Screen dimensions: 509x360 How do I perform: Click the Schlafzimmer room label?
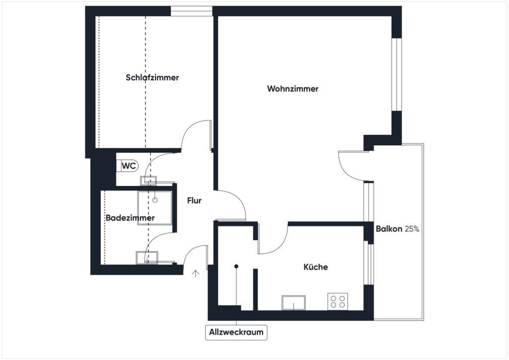click(x=152, y=78)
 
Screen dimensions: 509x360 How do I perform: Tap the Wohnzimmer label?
click(x=292, y=89)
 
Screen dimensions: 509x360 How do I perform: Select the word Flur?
click(x=194, y=200)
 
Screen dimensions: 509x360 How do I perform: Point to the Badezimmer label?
click(x=130, y=217)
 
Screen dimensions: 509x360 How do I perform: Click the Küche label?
click(x=316, y=267)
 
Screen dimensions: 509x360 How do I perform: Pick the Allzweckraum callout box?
click(x=236, y=332)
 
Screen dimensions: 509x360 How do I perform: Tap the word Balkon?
click(x=389, y=229)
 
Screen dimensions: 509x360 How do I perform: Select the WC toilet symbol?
click(x=127, y=166)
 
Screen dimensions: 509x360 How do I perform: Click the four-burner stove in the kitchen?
click(x=338, y=301)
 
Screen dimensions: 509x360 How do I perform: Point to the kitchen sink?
click(x=293, y=302)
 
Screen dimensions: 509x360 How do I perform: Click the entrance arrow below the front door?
click(x=195, y=273)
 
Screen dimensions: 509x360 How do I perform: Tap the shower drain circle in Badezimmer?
click(x=155, y=200)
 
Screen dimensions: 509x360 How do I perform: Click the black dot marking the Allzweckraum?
click(x=236, y=266)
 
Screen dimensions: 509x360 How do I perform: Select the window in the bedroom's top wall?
click(x=191, y=11)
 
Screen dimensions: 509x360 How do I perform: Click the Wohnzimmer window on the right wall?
click(x=397, y=75)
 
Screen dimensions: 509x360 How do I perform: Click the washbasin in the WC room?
click(x=148, y=180)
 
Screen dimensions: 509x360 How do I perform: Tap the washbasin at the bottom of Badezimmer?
click(x=147, y=258)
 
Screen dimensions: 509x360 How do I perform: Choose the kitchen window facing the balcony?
click(x=369, y=264)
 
